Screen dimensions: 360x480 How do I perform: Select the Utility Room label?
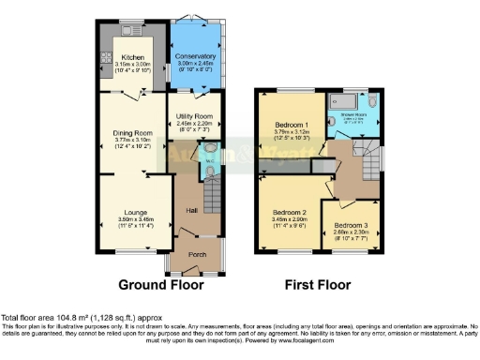point(196,116)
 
